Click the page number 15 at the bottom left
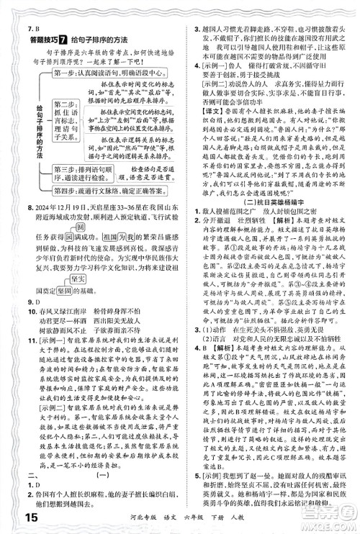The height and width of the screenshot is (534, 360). pyautogui.click(x=16, y=516)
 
